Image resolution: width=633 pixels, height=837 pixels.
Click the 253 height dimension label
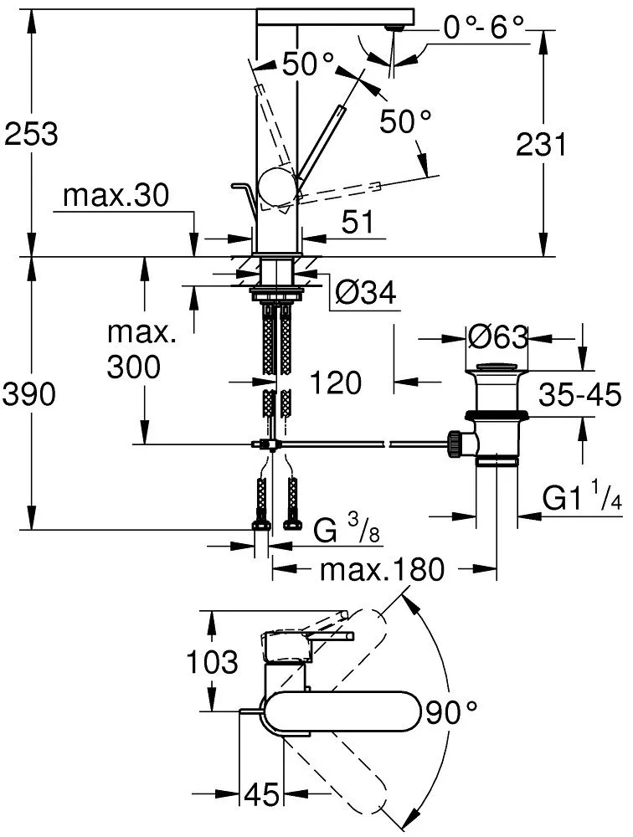(x=31, y=134)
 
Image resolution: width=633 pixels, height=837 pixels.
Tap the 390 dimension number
(x=31, y=394)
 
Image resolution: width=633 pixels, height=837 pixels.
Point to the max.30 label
(x=116, y=197)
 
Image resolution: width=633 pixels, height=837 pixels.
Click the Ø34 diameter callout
(x=363, y=292)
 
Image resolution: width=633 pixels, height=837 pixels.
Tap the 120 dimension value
(x=335, y=383)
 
